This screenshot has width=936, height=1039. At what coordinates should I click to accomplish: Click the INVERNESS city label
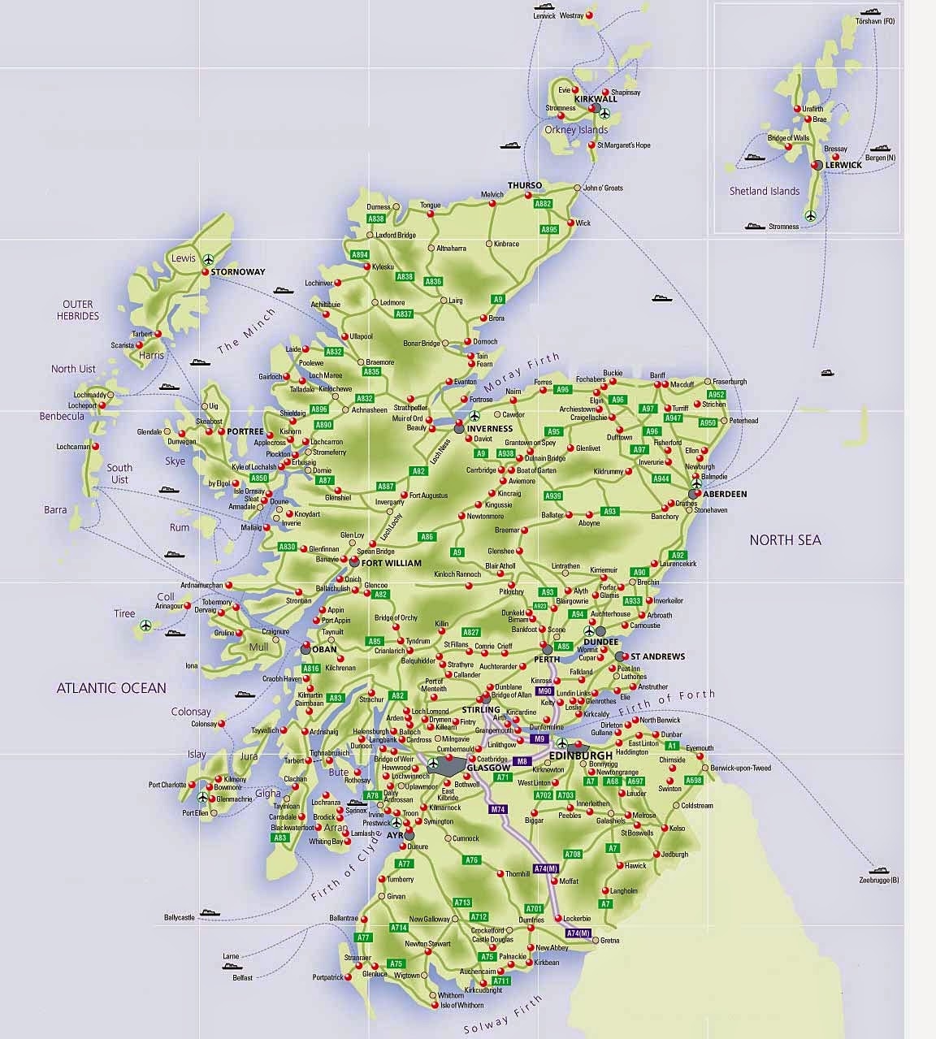click(x=490, y=428)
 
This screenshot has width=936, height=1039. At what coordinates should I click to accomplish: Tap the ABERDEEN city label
click(x=726, y=494)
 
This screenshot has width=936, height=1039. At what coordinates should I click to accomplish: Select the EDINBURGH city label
click(x=579, y=756)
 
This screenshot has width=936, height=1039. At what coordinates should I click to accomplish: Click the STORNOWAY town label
click(x=238, y=272)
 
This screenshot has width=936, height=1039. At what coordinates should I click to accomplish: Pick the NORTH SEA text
click(x=785, y=539)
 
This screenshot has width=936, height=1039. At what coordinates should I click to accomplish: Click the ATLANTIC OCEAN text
click(x=111, y=688)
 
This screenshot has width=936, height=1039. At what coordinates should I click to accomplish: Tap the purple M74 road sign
click(x=498, y=809)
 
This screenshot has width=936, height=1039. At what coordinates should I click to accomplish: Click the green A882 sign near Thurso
click(x=544, y=204)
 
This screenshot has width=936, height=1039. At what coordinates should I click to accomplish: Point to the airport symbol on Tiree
click(x=145, y=625)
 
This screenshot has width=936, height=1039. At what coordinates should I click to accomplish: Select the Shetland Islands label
click(x=765, y=192)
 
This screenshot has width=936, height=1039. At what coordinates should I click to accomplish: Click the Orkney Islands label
click(x=576, y=130)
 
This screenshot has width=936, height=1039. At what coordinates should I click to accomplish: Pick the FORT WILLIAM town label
click(x=392, y=563)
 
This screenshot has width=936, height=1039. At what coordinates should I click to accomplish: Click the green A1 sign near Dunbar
click(x=671, y=745)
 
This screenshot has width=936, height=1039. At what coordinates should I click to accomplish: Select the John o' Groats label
click(x=603, y=188)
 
